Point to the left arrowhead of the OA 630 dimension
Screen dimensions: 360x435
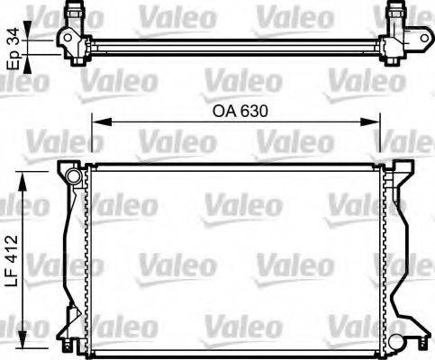94,124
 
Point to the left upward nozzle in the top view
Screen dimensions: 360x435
75,14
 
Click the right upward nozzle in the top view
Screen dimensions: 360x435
394,14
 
